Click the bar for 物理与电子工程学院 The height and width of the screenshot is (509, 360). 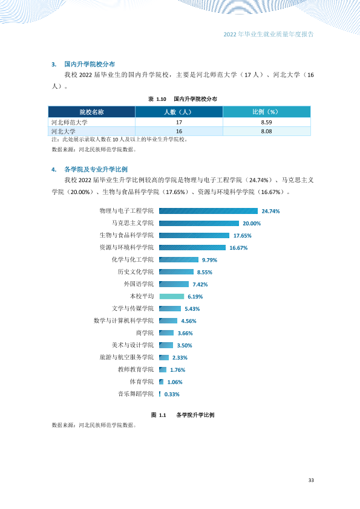pyautogui.click(x=208, y=211)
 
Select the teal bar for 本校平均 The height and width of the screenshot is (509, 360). pyautogui.click(x=172, y=296)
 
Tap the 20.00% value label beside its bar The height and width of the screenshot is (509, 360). pyautogui.click(x=252, y=223)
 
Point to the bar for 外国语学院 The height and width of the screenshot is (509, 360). pyautogui.click(x=174, y=284)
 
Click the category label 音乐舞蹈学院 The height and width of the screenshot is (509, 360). pyautogui.click(x=136, y=394)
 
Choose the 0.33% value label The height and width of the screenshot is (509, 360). pyautogui.click(x=172, y=394)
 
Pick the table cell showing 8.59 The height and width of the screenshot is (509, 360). pyautogui.click(x=266, y=122)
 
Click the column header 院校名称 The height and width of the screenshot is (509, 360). pyautogui.click(x=91, y=112)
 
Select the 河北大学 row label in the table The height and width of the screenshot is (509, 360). pyautogui.click(x=64, y=131)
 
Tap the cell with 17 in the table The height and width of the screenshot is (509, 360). pyautogui.click(x=179, y=122)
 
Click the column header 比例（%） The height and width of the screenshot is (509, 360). pyautogui.click(x=266, y=112)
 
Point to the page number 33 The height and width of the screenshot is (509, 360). pyautogui.click(x=311, y=480)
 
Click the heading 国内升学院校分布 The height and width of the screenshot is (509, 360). pyautogui.click(x=90, y=64)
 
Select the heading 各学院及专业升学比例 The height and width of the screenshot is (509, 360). pyautogui.click(x=96, y=169)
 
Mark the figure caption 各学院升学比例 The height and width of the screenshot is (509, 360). pyautogui.click(x=195, y=415)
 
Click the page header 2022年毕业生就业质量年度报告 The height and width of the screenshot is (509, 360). pyautogui.click(x=269, y=34)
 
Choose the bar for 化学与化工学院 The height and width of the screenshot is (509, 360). pyautogui.click(x=178, y=260)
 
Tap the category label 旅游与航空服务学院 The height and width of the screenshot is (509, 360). pyautogui.click(x=126, y=357)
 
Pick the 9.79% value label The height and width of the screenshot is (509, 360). pyautogui.click(x=209, y=260)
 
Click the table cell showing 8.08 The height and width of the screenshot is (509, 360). pyautogui.click(x=266, y=131)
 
